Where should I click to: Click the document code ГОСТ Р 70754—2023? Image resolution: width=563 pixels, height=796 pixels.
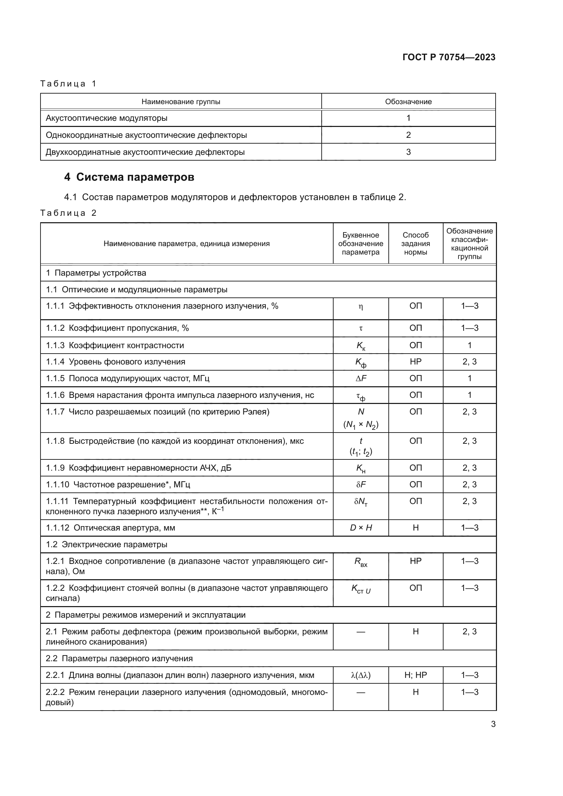click(x=449, y=57)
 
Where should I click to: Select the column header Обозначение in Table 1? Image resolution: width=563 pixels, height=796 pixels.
click(x=408, y=101)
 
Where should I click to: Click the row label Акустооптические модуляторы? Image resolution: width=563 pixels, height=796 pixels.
click(x=107, y=118)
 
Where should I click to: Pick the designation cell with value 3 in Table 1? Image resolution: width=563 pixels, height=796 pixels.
click(x=408, y=152)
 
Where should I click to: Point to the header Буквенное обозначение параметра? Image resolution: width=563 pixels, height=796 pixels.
click(x=360, y=243)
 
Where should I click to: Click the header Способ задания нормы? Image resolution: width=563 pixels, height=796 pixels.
click(x=415, y=243)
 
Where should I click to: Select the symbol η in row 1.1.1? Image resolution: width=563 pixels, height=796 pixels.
click(x=360, y=307)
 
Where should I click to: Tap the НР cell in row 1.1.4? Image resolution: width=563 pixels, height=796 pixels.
click(x=415, y=362)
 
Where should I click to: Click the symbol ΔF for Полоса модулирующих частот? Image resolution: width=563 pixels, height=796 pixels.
click(x=360, y=378)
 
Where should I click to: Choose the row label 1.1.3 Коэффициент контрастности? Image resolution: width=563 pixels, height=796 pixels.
click(x=115, y=345)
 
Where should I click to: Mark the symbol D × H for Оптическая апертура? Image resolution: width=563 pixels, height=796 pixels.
click(x=360, y=528)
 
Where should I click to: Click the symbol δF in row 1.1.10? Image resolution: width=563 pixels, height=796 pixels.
click(x=360, y=484)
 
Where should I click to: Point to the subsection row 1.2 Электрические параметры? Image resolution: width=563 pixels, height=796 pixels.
click(x=107, y=544)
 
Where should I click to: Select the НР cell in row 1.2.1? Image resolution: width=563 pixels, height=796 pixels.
click(x=415, y=561)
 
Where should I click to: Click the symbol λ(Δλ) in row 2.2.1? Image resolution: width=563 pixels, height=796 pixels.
click(x=360, y=675)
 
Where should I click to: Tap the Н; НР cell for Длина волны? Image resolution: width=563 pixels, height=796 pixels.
click(x=415, y=675)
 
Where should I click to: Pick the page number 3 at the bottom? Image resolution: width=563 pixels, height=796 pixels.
click(x=493, y=724)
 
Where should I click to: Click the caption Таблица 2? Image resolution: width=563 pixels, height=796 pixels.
click(x=68, y=213)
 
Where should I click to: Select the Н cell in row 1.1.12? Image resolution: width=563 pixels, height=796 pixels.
click(x=415, y=528)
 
